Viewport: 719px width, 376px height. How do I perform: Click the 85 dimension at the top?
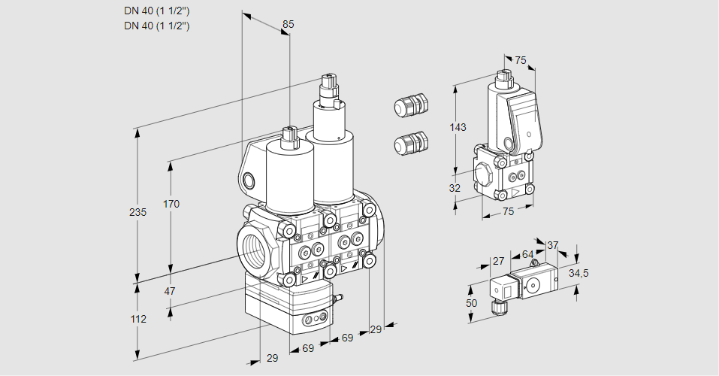[288, 24]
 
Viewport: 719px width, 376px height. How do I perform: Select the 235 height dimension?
[137, 213]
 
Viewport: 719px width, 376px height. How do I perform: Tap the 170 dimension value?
[171, 204]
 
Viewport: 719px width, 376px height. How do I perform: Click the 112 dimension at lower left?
[137, 319]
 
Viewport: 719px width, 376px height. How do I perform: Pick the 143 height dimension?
[458, 127]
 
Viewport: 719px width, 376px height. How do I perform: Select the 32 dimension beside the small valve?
[454, 188]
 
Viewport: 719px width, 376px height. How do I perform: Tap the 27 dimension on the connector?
[497, 261]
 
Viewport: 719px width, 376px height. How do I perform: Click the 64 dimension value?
[527, 255]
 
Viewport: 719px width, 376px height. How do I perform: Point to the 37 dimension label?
[552, 245]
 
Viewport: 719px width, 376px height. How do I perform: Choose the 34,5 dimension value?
[578, 273]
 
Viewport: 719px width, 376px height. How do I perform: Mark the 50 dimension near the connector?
[471, 303]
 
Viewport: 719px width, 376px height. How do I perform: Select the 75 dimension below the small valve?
[508, 212]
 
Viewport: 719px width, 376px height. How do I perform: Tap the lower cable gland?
[411, 143]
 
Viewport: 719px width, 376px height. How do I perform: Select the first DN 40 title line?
[156, 10]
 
